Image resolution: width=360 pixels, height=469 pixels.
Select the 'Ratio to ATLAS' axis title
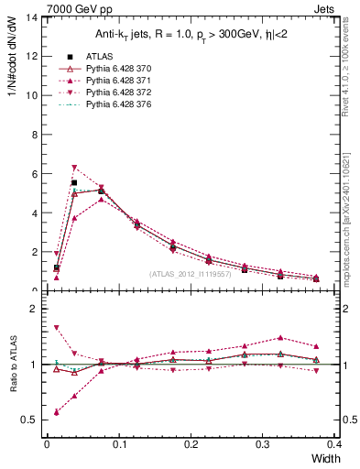click(x=12, y=364)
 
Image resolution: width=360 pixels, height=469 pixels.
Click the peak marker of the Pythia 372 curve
click(x=74, y=168)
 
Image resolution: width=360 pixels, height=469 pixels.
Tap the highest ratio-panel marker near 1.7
click(x=57, y=327)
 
